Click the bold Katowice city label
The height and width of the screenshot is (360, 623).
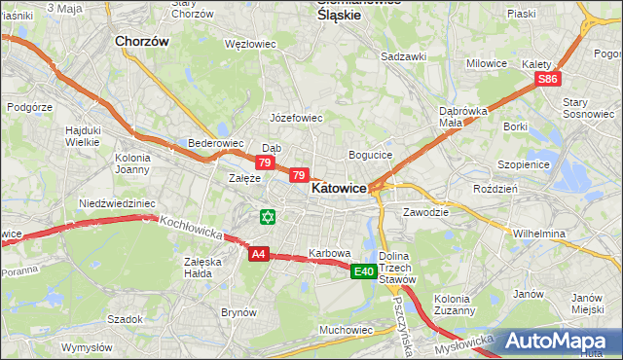pos(339,190)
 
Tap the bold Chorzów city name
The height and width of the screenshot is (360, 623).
pos(142,42)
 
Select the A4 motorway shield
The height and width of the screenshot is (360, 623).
pos(258,254)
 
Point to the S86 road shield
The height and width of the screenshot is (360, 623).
pos(549,79)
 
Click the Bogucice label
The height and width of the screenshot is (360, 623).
pos(370,155)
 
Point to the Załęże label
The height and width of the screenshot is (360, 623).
pos(243,178)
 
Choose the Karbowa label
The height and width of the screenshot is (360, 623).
pos(329,253)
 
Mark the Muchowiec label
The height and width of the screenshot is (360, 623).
pos(347,330)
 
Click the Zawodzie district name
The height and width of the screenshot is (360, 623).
pos(425,211)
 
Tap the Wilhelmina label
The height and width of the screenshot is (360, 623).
pos(539,234)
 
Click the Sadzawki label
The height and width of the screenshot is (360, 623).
pos(404,56)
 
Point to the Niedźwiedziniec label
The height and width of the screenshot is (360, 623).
pos(117,203)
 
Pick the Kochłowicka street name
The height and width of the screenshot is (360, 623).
pos(192,230)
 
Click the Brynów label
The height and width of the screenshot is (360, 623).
pos(238,312)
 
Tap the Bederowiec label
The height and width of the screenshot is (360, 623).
pos(215,143)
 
